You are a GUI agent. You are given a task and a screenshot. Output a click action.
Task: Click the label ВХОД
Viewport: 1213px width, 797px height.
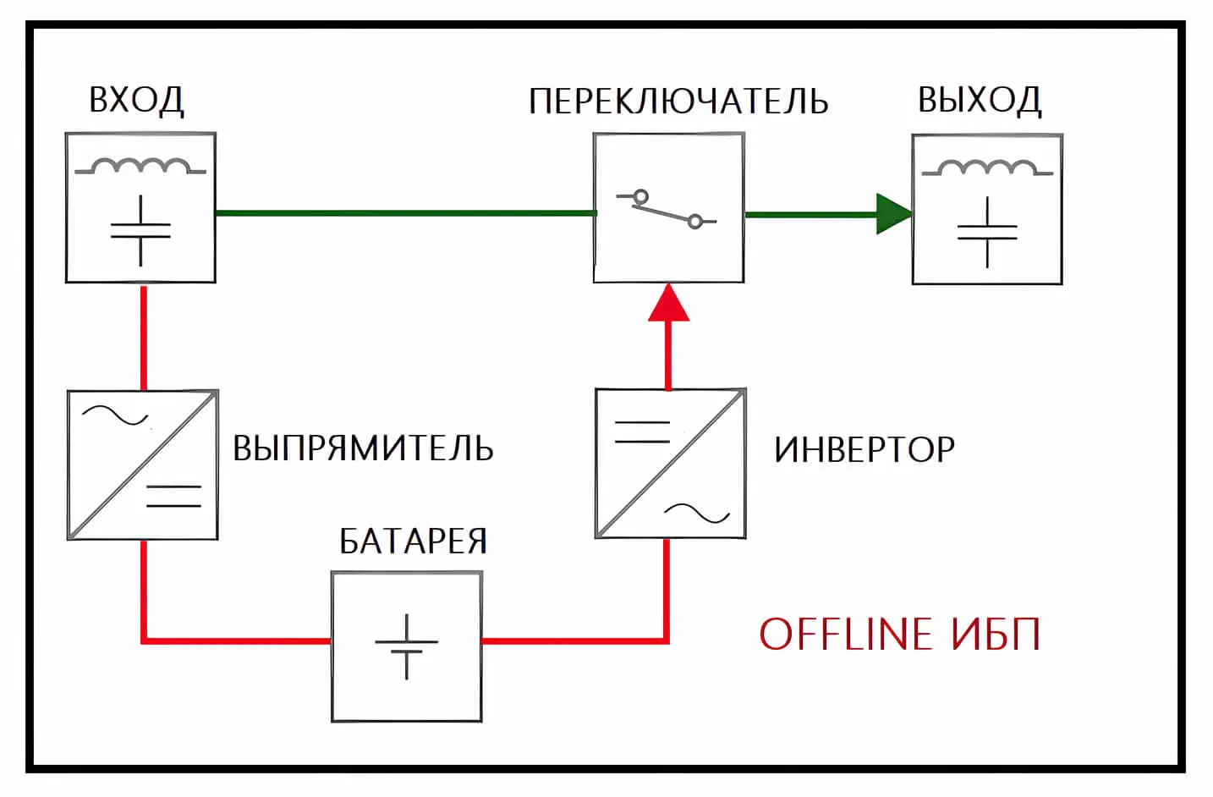(x=136, y=100)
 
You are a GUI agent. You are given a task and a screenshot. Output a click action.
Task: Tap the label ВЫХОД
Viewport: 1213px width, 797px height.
(x=980, y=100)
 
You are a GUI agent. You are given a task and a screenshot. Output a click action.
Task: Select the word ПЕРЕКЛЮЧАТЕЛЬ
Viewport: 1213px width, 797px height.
(x=678, y=102)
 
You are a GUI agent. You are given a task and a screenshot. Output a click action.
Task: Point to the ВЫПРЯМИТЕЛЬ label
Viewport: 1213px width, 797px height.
(x=363, y=448)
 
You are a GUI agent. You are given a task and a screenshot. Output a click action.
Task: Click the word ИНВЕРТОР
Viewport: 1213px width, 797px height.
(x=864, y=449)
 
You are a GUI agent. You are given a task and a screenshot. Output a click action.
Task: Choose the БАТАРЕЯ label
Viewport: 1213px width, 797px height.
(x=413, y=541)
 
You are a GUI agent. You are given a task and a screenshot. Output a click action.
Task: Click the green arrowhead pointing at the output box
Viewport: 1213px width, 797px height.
(x=893, y=214)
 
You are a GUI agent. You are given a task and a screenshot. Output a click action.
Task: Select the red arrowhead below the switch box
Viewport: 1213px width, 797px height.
(x=669, y=304)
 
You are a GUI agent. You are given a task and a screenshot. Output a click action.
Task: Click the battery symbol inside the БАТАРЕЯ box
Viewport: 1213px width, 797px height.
(x=407, y=646)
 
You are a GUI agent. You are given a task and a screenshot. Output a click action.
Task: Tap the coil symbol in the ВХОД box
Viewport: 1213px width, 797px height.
(x=140, y=167)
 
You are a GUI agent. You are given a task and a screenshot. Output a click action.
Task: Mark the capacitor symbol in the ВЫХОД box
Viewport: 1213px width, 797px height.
(x=987, y=232)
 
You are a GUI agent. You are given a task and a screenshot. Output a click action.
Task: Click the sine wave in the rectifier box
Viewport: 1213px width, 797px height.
(x=114, y=415)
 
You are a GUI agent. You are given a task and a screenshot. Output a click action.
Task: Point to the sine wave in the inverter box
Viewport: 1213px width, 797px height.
(x=696, y=513)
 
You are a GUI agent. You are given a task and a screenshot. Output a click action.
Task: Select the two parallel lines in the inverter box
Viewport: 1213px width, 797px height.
(x=642, y=431)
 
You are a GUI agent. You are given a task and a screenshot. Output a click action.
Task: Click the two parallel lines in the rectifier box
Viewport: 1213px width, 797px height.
(x=174, y=496)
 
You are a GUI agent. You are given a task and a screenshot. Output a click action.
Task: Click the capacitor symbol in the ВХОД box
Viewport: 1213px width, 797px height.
(x=140, y=230)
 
